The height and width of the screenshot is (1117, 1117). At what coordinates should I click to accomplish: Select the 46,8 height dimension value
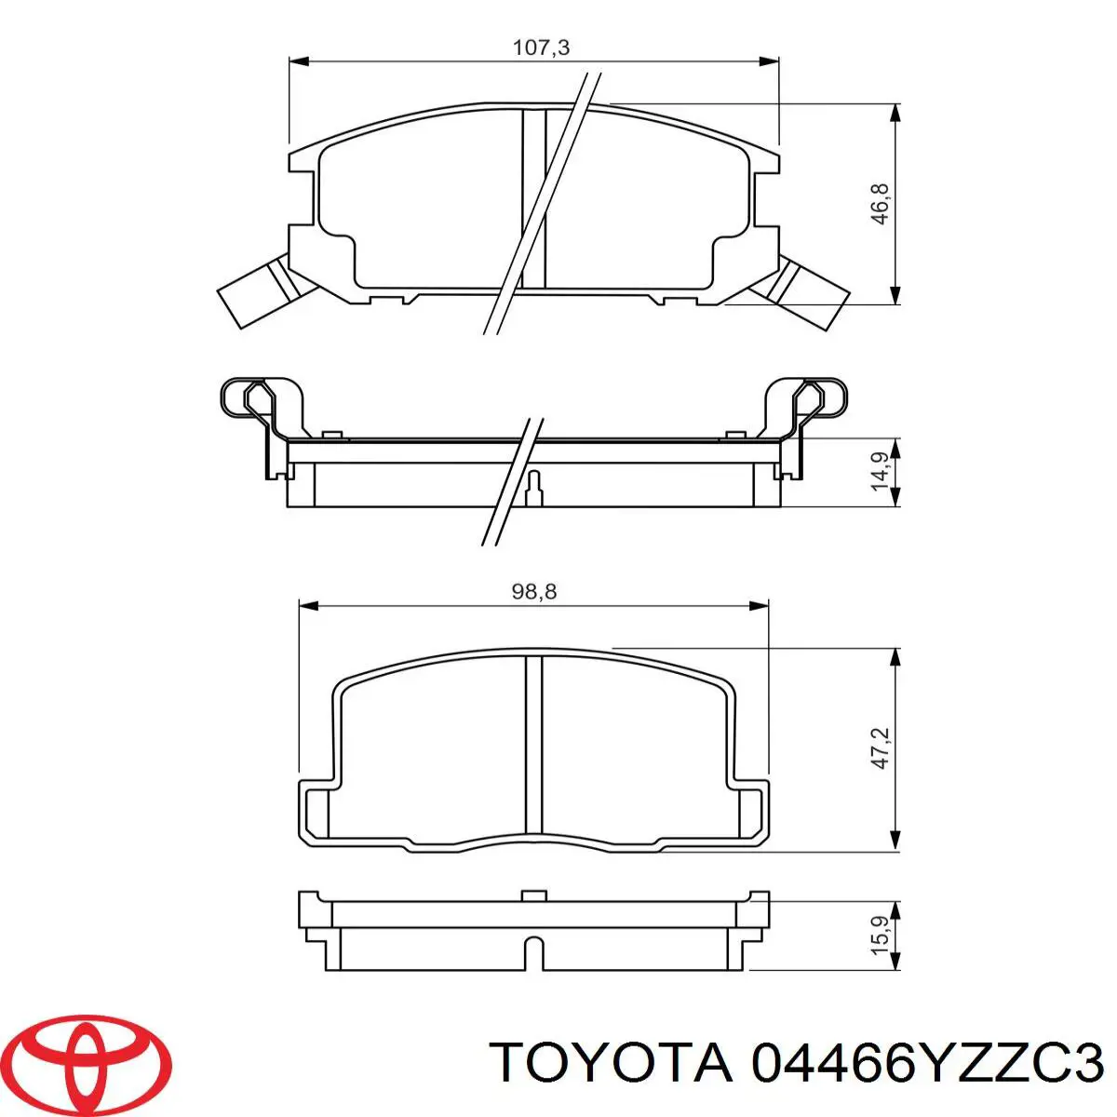click(x=881, y=203)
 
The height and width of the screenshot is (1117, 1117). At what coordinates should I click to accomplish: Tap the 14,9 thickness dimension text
click(x=881, y=472)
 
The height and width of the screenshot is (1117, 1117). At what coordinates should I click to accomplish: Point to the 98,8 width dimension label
click(x=534, y=591)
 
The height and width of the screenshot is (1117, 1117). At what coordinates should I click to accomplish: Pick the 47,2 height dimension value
click(x=881, y=748)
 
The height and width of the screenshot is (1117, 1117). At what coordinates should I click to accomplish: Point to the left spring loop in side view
click(x=249, y=397)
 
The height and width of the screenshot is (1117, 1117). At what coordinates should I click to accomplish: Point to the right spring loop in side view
click(x=819, y=397)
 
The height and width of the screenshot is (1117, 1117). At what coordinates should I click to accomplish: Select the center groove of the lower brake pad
click(x=533, y=745)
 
